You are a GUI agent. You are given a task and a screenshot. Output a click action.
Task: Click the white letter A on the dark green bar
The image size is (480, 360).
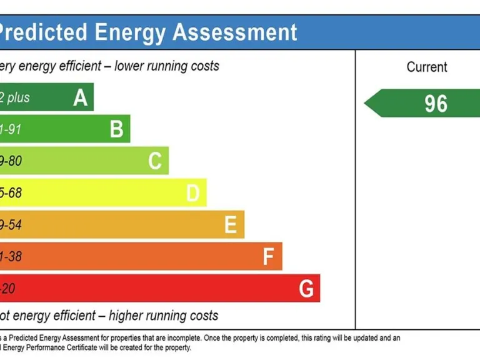pos(80,97)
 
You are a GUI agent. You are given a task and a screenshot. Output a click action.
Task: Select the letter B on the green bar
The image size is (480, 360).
pos(116,129)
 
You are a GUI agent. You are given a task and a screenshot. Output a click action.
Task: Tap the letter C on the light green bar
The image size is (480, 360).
pos(155,161)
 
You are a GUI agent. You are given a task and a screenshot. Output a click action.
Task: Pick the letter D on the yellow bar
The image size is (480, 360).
pos(192,193)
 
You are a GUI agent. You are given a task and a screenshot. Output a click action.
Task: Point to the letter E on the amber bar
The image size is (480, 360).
pos(231,225)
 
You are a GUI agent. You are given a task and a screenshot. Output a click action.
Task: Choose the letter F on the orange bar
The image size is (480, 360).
pos(269,257)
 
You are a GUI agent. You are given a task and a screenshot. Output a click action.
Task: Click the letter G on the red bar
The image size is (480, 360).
pos(306,289)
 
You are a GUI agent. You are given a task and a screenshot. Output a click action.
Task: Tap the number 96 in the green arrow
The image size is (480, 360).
pos(436,103)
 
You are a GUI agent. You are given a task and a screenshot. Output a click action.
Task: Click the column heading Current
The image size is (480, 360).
pos(427,67)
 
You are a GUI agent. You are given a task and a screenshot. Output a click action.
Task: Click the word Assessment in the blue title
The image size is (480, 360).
pos(235,32)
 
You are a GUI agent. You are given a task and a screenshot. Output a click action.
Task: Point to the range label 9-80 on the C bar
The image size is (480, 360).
pos(11,161)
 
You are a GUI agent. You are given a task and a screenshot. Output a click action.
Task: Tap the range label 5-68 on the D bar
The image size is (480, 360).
pos(11,193)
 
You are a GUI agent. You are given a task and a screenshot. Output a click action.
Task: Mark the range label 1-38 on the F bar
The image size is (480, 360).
pos(11,257)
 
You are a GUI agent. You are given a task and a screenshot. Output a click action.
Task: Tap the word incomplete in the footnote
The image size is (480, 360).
pos(219,338)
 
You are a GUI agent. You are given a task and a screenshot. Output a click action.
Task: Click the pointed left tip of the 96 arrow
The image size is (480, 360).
pos(366,103)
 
